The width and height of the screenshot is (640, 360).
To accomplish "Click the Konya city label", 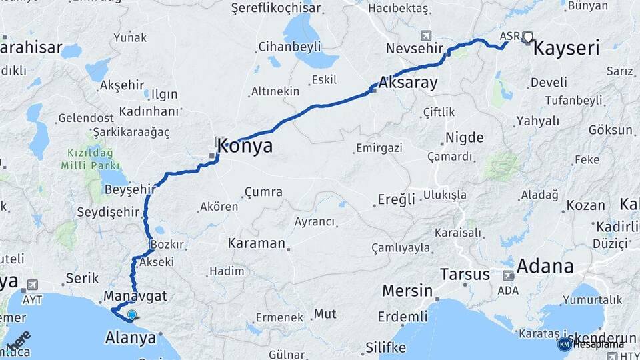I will (x=245, y=146).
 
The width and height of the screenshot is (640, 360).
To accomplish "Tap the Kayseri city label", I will (x=567, y=48).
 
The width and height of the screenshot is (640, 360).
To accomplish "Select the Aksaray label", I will (x=407, y=83).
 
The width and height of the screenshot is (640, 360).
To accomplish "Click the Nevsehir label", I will (x=411, y=48).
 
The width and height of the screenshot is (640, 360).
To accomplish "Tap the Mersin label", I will (x=407, y=291).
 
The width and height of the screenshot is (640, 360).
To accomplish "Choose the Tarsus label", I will (x=465, y=274).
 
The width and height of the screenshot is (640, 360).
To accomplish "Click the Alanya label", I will (x=131, y=338).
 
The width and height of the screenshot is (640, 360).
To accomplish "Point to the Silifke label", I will (x=385, y=347).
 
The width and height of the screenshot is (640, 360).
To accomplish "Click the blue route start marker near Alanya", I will (x=132, y=315).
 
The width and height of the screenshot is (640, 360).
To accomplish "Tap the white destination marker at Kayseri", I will (x=528, y=37).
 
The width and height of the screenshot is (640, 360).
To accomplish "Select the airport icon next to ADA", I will (x=509, y=275).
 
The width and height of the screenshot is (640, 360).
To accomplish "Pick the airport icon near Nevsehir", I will (x=426, y=35).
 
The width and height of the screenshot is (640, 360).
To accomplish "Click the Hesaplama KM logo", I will (x=565, y=344).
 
